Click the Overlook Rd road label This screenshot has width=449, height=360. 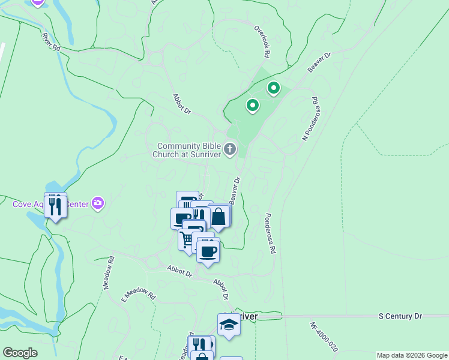(x=261, y=41)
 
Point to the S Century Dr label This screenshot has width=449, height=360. (x=400, y=316)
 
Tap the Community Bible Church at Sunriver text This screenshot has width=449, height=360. (x=187, y=150)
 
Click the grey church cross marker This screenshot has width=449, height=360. (x=230, y=149)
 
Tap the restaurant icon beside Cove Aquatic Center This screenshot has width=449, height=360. (x=55, y=205)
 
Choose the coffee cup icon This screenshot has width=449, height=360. (x=208, y=251)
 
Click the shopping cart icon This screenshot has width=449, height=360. (x=187, y=239)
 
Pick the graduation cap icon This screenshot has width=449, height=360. (x=229, y=325)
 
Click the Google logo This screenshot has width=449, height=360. (x=20, y=353)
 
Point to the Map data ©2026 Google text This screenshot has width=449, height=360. (x=412, y=355)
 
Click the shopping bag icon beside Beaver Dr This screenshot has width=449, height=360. (x=218, y=217)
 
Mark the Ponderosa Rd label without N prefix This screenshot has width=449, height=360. (x=270, y=233)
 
